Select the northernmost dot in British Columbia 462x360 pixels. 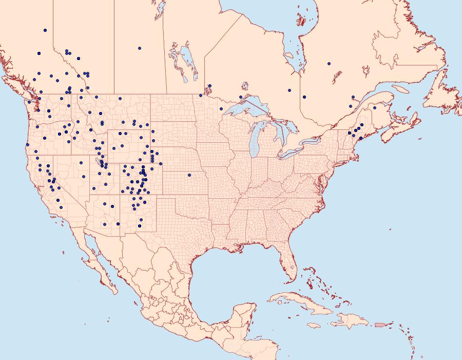(45, 30)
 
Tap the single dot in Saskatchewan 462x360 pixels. (140, 48)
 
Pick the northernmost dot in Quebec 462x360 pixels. (329, 64)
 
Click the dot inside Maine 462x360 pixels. (375, 108)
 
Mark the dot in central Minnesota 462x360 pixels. (221, 109)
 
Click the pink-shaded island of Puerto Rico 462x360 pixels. (380, 324)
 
